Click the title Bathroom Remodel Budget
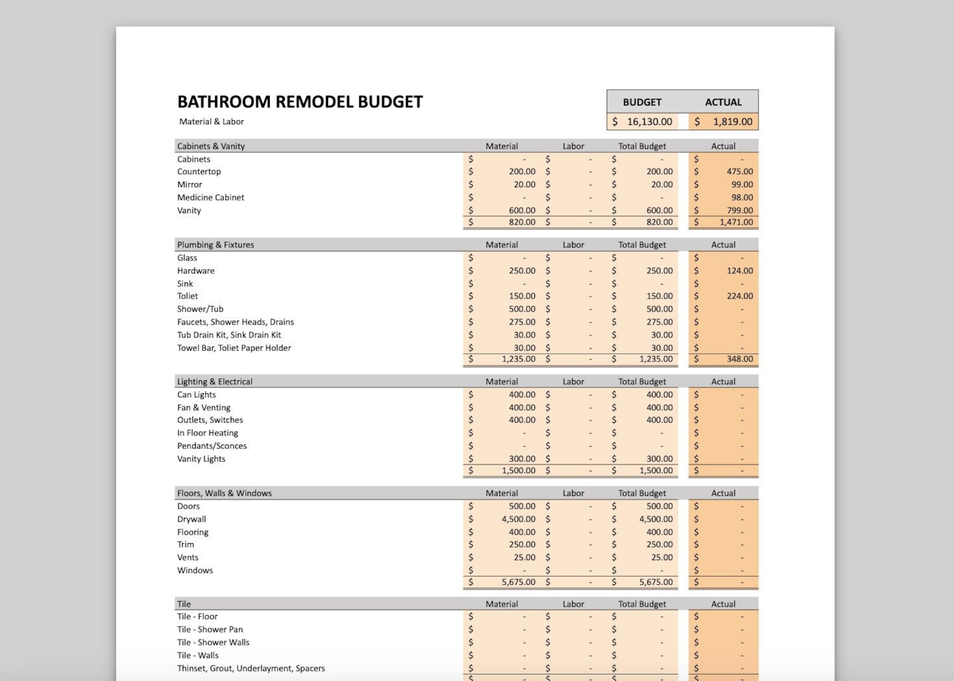point(300,101)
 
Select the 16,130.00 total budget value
point(649,122)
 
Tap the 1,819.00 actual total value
point(732,122)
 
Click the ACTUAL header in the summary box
point(723,102)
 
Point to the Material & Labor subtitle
point(211,121)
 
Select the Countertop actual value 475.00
point(739,172)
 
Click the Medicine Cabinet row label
point(210,198)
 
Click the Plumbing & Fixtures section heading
point(215,245)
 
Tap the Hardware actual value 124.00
point(739,271)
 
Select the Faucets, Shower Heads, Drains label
point(235,322)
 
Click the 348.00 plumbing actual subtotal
point(739,359)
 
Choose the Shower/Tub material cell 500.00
point(521,309)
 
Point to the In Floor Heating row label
point(207,433)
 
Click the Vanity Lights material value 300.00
point(521,459)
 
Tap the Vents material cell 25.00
point(524,558)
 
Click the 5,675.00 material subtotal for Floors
point(518,582)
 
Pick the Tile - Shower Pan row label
point(210,629)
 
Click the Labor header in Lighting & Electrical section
point(573,382)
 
